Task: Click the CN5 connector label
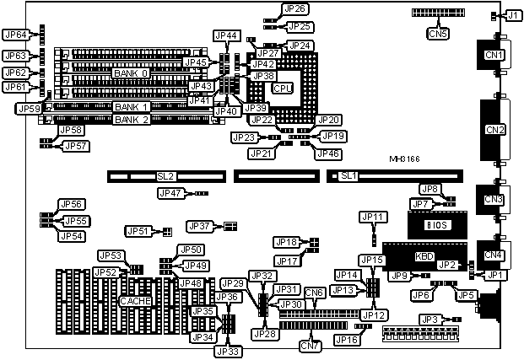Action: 438,35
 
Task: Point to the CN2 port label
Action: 494,130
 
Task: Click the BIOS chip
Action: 435,226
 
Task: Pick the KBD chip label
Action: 425,256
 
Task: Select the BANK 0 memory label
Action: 131,73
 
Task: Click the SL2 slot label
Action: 165,176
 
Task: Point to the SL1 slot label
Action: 348,176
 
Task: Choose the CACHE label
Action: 135,301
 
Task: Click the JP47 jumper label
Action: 170,193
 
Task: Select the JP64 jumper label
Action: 16,35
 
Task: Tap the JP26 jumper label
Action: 296,8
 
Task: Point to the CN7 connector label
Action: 310,346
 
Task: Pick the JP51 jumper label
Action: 138,231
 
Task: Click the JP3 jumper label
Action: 430,320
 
